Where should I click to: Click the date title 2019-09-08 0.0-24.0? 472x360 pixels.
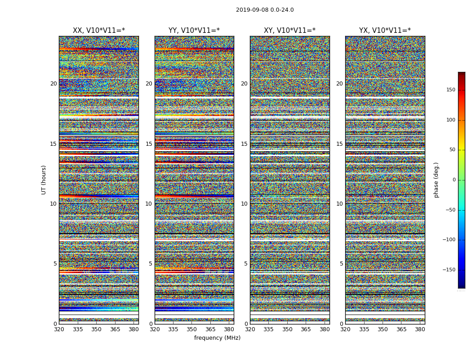click(x=265, y=10)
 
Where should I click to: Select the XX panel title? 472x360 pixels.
click(x=99, y=31)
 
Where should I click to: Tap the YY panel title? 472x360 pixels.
click(x=194, y=31)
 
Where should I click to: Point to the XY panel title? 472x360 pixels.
click(x=289, y=31)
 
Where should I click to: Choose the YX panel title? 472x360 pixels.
click(x=385, y=31)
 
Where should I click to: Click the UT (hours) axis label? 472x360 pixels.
click(x=44, y=180)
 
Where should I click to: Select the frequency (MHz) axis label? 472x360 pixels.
click(x=217, y=338)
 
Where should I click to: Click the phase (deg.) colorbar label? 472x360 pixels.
click(x=436, y=180)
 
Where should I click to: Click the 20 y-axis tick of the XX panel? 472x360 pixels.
click(x=53, y=84)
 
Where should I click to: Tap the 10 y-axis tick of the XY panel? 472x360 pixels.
click(x=244, y=204)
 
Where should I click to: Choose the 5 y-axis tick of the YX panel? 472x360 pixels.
click(x=341, y=264)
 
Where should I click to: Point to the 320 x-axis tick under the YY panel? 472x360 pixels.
click(x=155, y=329)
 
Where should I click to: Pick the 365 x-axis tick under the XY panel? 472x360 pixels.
click(x=306, y=329)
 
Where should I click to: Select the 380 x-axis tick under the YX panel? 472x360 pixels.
click(x=420, y=329)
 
